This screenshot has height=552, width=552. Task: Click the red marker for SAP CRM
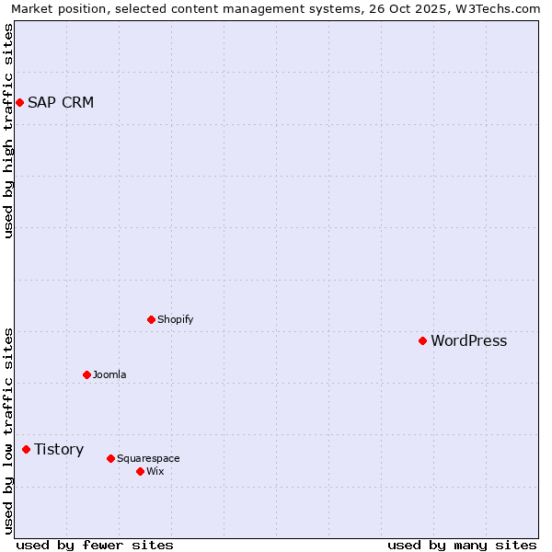click(x=19, y=102)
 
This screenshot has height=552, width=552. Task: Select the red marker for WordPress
click(x=422, y=340)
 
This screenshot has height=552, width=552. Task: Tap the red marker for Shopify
click(x=151, y=319)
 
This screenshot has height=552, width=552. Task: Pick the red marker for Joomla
click(x=86, y=374)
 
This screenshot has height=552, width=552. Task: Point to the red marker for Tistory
click(x=26, y=449)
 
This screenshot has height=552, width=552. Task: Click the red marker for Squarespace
click(x=110, y=458)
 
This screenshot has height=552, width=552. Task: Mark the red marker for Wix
click(x=140, y=471)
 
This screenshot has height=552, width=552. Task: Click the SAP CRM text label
click(x=61, y=102)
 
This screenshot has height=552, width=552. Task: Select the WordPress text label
click(x=468, y=340)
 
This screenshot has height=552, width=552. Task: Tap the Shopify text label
click(x=175, y=319)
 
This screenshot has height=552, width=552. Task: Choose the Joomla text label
click(x=109, y=374)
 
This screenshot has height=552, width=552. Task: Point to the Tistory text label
click(x=59, y=449)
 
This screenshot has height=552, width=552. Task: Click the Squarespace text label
click(x=148, y=458)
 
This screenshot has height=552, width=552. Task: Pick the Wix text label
click(x=155, y=471)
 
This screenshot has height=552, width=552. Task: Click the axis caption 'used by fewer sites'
click(x=95, y=545)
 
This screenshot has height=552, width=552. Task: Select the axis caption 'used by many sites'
click(x=462, y=545)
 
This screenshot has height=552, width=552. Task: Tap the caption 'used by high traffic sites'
click(x=8, y=131)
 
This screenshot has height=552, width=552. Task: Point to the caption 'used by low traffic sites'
click(x=8, y=431)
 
